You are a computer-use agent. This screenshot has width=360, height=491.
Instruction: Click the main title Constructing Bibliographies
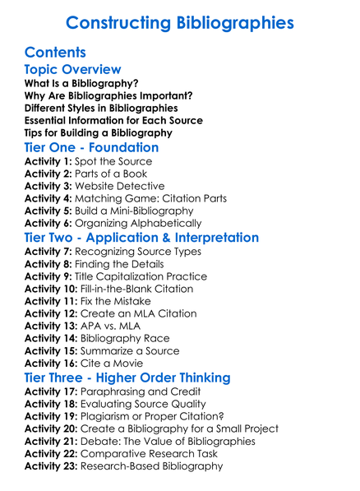point(180,22)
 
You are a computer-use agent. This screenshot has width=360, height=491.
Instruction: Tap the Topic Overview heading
point(72,70)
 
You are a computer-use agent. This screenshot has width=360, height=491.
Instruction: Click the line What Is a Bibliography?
point(81,83)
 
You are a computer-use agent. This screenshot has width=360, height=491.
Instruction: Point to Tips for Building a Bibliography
point(99,132)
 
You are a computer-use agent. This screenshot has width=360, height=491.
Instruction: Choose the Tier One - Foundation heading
point(91,148)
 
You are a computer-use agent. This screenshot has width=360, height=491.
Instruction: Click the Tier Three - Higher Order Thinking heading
point(127,378)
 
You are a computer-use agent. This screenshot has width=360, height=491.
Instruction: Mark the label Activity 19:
point(51,416)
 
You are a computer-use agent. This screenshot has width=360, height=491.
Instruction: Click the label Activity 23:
point(51,466)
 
